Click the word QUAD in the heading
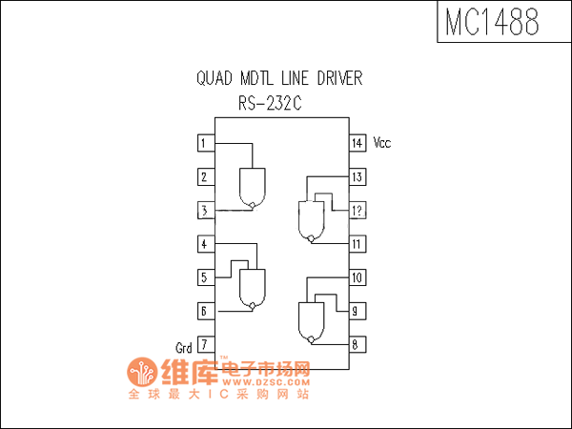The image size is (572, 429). point(215,78)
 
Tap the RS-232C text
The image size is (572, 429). point(271,103)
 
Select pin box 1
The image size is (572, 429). point(204,143)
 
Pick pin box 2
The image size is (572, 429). point(204,176)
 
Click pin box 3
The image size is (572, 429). point(204,211)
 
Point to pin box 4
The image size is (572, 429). point(204,244)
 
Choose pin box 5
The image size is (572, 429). point(204,277)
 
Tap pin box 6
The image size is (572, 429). point(204,311)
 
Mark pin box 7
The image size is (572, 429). point(204,344)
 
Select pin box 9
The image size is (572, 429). point(357,311)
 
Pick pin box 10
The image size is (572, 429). point(357,277)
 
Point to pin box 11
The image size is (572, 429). point(357,244)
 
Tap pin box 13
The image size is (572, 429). point(357,176)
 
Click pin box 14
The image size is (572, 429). point(357,143)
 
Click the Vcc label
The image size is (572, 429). point(382,143)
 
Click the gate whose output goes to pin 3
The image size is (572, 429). point(253,187)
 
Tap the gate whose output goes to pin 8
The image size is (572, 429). point(311,320)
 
